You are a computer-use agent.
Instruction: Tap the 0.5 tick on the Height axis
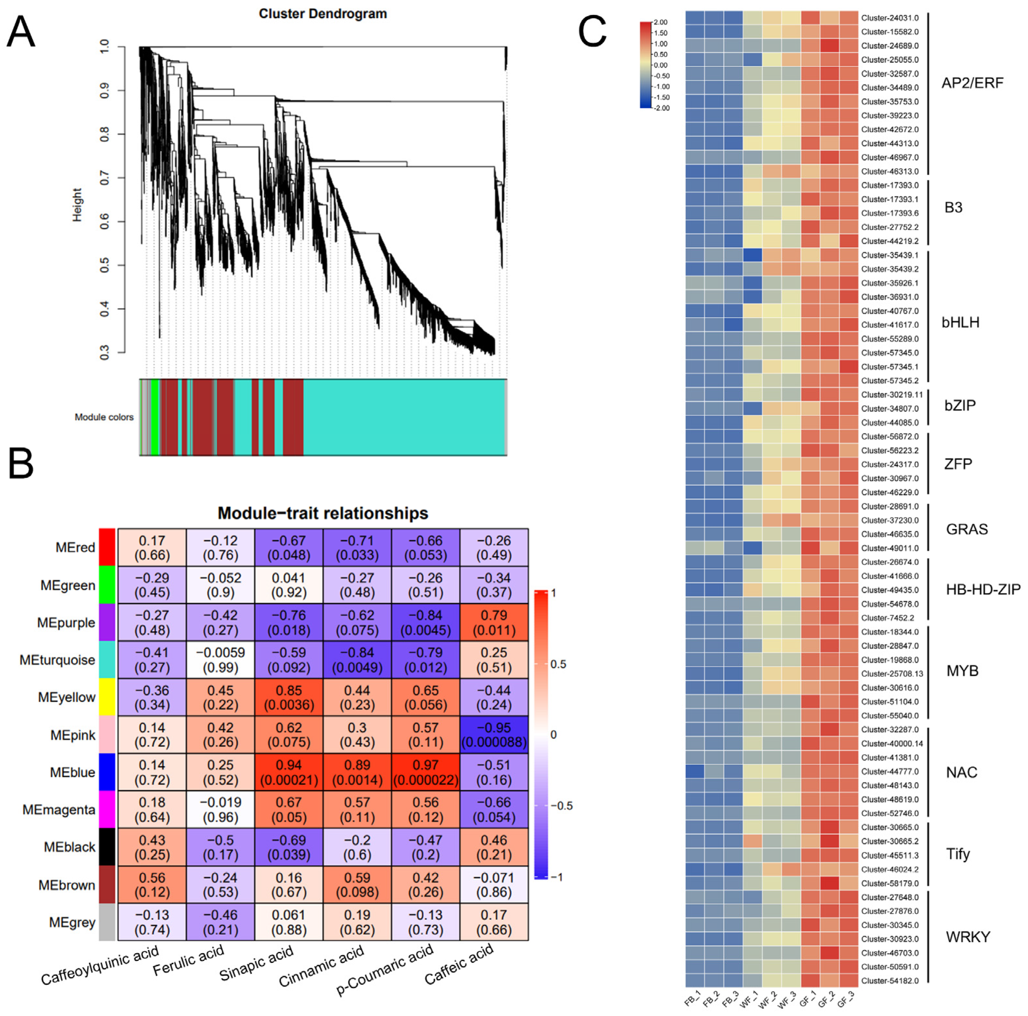tap(105, 265)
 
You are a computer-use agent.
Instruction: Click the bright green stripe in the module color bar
tap(154, 418)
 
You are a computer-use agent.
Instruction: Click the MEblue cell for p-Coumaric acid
tap(426, 772)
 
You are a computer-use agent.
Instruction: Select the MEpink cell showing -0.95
tap(494, 735)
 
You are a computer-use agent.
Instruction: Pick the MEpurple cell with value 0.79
tap(494, 622)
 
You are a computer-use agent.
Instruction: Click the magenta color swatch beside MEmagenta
tap(107, 809)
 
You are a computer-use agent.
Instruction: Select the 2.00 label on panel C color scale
tap(660, 22)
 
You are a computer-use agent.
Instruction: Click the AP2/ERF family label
tap(972, 83)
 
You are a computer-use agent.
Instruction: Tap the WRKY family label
tap(967, 937)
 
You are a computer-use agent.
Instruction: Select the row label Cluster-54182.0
tap(890, 980)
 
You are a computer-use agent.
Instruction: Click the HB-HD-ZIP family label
tap(983, 589)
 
